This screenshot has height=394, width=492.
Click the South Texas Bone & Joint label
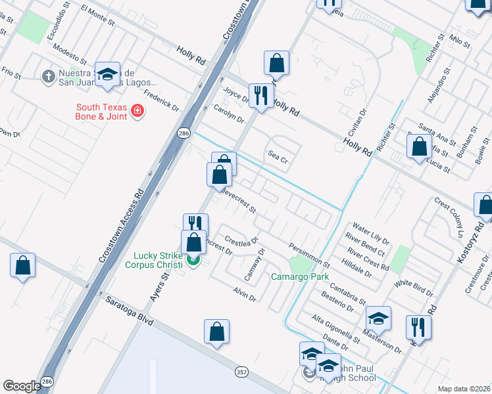(101, 112)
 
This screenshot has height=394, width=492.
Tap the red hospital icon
(137, 112)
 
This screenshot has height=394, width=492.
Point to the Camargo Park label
(300, 276)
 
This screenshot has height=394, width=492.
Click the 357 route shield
(242, 372)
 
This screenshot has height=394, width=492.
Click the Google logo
(22, 386)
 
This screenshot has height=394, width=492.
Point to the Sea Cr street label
(278, 158)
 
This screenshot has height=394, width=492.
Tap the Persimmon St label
(308, 254)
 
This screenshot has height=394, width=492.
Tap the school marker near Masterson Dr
(378, 318)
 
